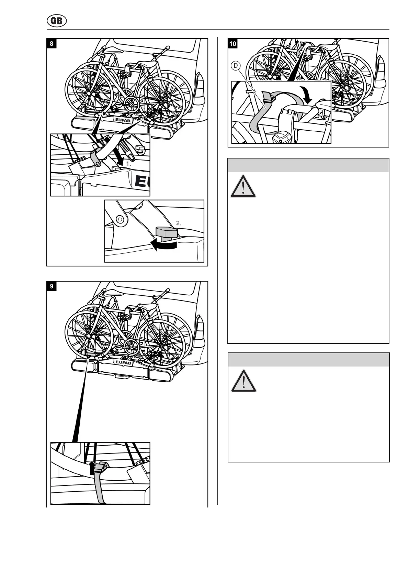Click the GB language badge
click(57, 21)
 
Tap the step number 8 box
click(52, 44)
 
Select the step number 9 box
click(52, 286)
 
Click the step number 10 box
click(233, 44)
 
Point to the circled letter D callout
click(236, 66)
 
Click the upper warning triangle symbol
click(243, 187)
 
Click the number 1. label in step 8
click(128, 164)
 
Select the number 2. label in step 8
click(178, 223)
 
